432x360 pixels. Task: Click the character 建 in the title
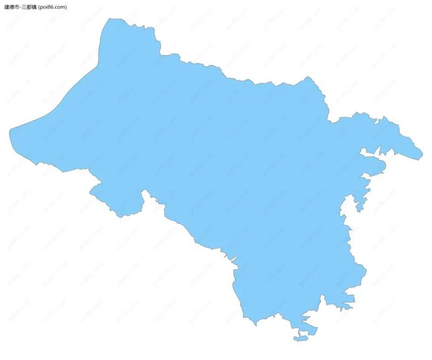pos(6,7)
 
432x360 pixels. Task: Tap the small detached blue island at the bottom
pos(301,339)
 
